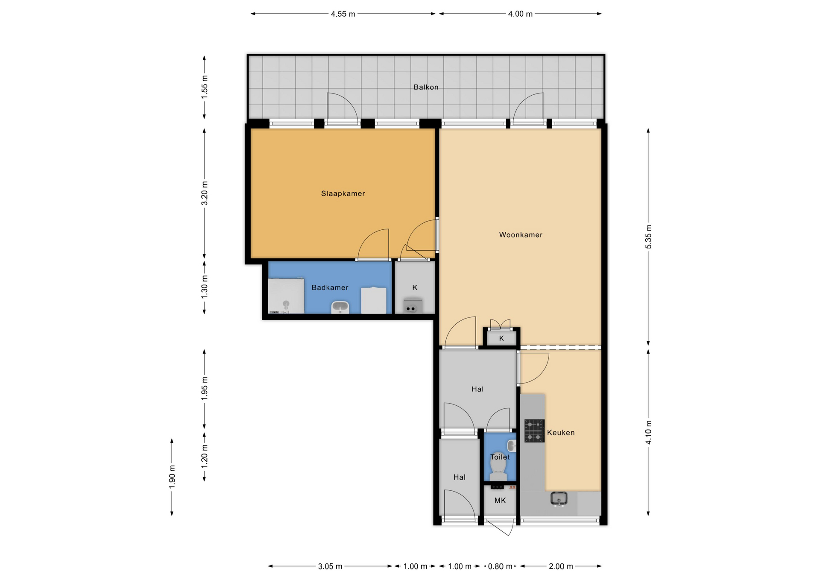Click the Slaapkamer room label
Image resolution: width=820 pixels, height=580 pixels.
pos(343,193)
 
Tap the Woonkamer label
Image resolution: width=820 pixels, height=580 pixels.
pos(521,235)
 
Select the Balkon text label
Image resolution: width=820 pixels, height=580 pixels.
pos(426,87)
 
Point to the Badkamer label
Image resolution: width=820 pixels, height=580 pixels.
pos(330,287)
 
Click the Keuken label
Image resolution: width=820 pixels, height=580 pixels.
pos(561,433)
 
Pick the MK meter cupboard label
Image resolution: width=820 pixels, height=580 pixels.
pos(500,501)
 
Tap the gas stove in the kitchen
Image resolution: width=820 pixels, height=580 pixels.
pos(534,431)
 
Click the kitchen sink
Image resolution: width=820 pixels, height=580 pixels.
pos(559,499)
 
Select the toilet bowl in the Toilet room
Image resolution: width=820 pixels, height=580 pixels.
pos(498,468)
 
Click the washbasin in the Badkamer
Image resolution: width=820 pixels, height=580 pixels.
pos(340,307)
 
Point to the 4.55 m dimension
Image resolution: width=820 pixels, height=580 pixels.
pos(343,14)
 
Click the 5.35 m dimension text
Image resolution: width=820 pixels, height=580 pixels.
pos(648,237)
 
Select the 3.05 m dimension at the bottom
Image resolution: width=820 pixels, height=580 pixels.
pos(330,567)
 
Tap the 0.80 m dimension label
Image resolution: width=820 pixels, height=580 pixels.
pos(500,567)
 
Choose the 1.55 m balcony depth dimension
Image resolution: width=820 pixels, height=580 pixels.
pos(205,87)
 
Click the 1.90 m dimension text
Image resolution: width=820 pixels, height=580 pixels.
pos(172,477)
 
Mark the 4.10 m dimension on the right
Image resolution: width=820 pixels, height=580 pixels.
pos(648,432)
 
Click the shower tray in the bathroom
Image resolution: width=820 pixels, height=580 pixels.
pos(286,296)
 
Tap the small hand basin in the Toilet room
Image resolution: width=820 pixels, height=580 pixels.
pos(512,446)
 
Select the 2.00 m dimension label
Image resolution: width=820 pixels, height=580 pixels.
pos(561,567)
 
